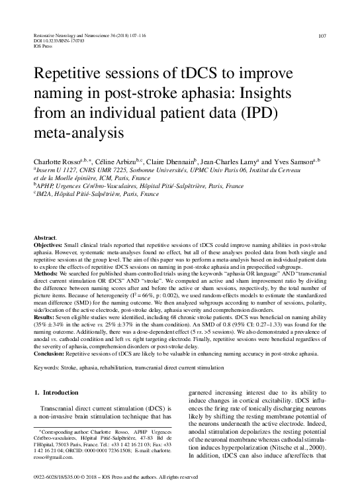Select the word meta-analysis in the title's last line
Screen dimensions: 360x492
click(x=77, y=130)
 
